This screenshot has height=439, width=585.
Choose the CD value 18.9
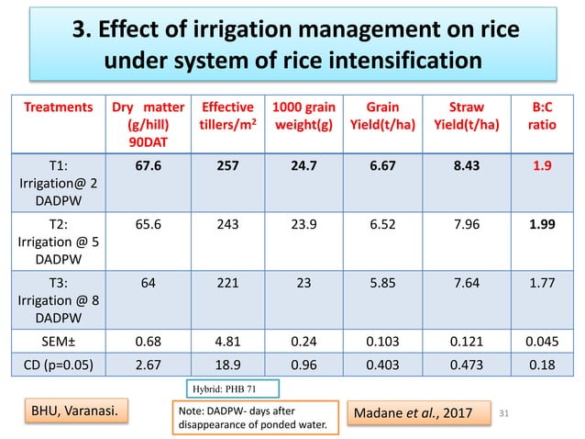226,366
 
